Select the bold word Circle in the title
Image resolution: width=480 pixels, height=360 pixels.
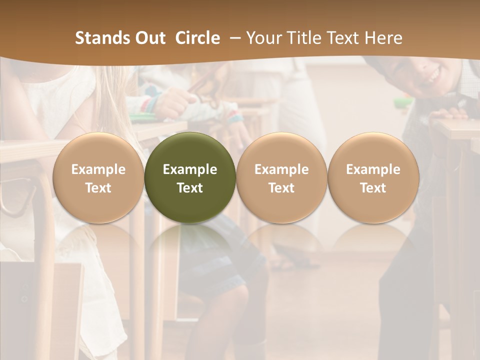coord(197,38)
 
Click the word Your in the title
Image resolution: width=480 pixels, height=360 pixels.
coord(264,38)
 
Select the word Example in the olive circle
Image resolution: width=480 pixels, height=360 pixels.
coord(190,169)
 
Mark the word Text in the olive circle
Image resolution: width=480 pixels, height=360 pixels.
coord(190,188)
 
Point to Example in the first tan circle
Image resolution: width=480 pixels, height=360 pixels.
coord(98,169)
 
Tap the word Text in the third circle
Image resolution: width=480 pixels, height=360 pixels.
coord(281,188)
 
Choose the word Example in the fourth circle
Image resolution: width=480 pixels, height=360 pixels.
coord(373,169)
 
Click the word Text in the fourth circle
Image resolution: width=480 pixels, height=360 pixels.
coord(373,188)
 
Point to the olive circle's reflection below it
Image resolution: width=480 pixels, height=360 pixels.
coord(190,245)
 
